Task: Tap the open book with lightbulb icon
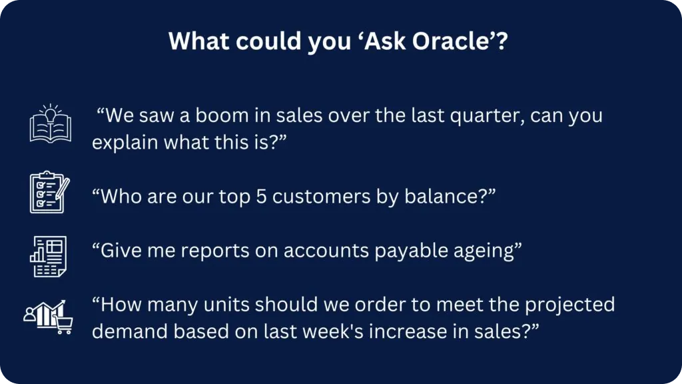tap(51, 123)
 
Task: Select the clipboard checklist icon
tap(49, 192)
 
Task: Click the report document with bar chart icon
tap(48, 257)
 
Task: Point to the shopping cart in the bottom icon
tap(63, 325)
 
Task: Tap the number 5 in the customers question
tap(261, 197)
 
